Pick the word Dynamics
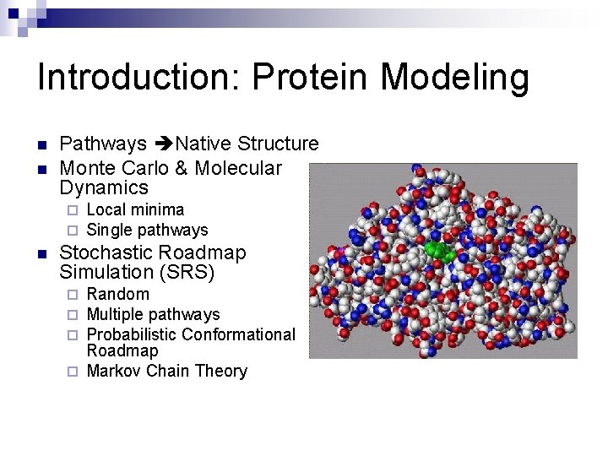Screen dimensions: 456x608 104,188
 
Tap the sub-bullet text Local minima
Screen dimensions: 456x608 135,209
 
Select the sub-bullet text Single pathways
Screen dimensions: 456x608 147,230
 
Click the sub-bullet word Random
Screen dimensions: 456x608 117,294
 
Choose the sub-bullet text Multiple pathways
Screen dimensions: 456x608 153,314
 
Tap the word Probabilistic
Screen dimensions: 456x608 131,334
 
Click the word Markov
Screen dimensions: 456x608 114,371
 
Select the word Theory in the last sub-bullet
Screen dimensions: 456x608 221,371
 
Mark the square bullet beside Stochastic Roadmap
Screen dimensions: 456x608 42,253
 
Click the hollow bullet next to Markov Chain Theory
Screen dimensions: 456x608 73,372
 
